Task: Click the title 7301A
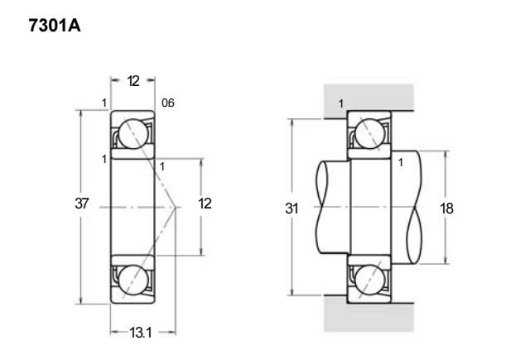[55, 26]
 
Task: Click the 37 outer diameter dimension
[81, 204]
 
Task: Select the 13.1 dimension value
[141, 333]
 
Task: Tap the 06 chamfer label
[168, 103]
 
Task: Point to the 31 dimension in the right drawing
[291, 208]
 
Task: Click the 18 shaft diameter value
[446, 208]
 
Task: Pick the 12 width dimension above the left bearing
[133, 81]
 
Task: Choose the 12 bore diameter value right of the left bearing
[205, 204]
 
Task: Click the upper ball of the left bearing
[133, 134]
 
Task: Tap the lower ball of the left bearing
[133, 280]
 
